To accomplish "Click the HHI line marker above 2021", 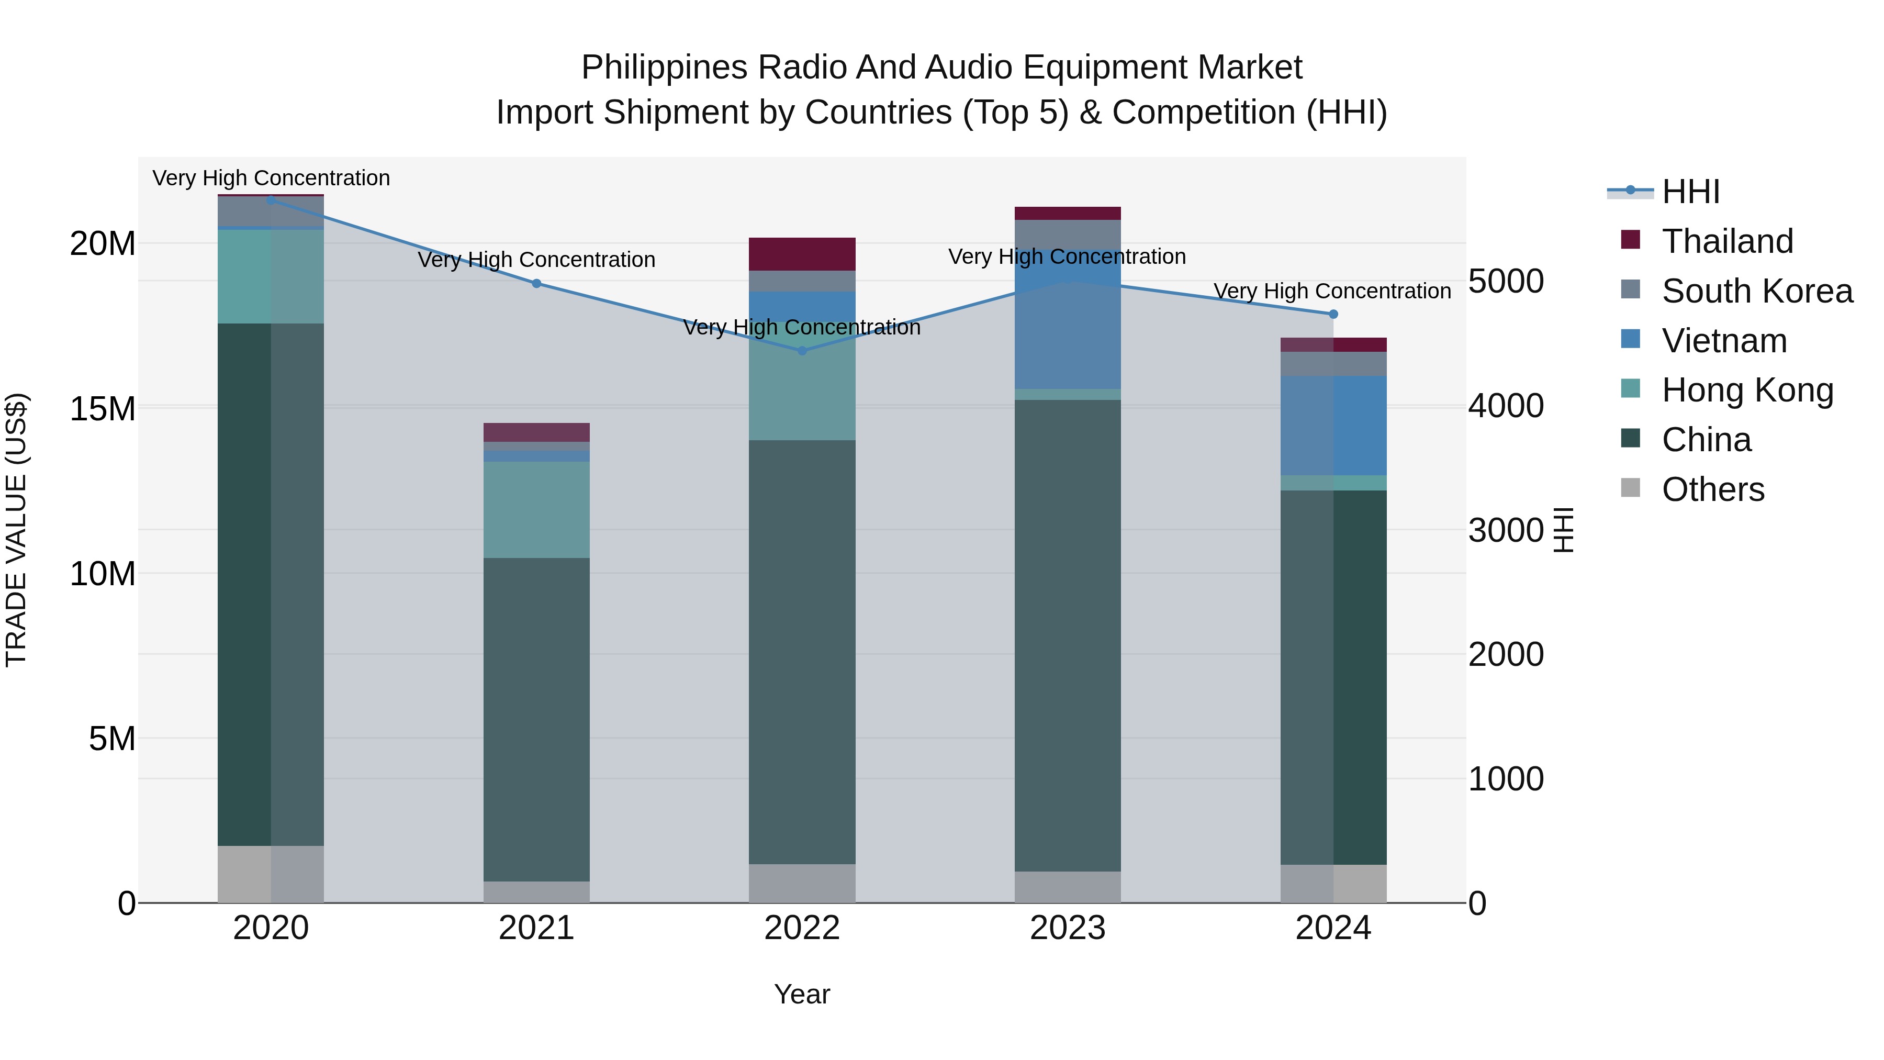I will [x=536, y=283].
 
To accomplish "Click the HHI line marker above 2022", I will [x=802, y=350].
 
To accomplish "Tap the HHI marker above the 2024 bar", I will [x=1332, y=314].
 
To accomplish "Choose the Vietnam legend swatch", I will [x=1630, y=339].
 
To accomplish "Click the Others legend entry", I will [x=1712, y=489].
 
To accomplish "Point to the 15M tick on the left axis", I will [x=103, y=408].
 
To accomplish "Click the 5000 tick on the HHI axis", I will [x=1506, y=281].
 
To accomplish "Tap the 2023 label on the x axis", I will [x=1067, y=928].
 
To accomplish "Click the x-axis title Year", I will [x=802, y=994].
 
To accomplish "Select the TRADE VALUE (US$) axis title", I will [x=16, y=530].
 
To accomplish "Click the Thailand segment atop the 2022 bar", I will [x=802, y=254].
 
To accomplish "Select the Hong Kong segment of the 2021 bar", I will [x=536, y=509].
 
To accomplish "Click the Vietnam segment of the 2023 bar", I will [x=1067, y=322].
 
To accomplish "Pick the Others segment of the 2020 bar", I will [x=271, y=874].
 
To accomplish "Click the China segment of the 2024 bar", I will [x=1332, y=677].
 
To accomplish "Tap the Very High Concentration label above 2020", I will [x=271, y=178].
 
